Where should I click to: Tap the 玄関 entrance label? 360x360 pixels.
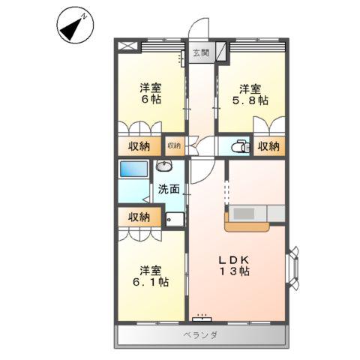click(200, 53)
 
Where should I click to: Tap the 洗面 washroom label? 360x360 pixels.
click(168, 190)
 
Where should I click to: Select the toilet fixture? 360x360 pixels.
click(240, 146)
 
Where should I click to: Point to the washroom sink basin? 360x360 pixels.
click(164, 166)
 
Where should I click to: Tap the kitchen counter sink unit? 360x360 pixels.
click(247, 213)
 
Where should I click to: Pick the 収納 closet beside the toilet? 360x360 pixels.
click(268, 145)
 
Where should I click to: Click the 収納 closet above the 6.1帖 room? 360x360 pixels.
click(138, 217)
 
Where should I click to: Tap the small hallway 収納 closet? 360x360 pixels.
click(174, 145)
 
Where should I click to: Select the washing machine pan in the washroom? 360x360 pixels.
click(174, 219)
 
